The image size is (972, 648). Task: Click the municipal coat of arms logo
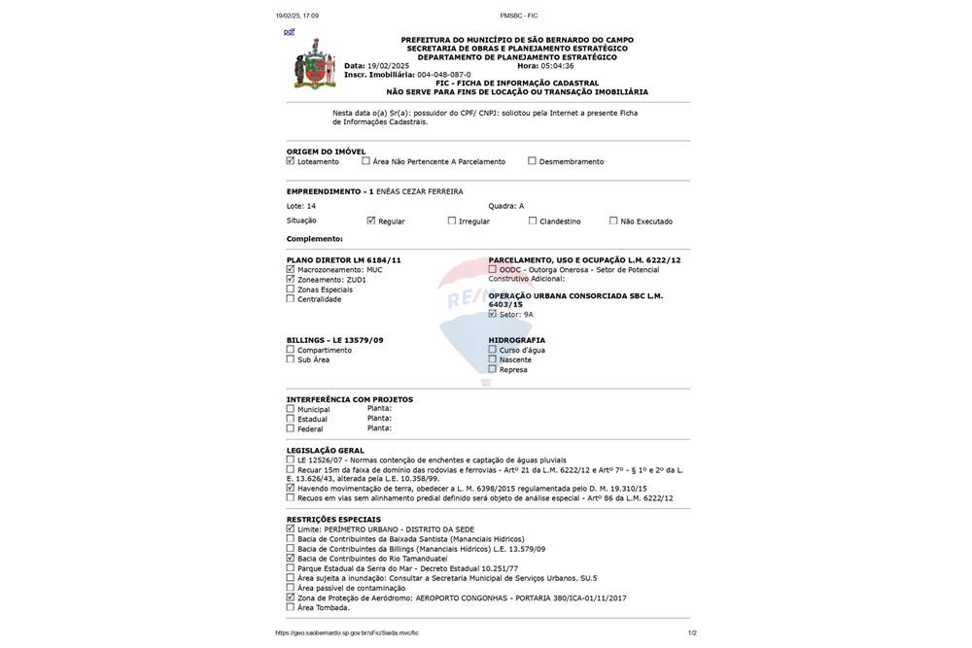click(x=314, y=65)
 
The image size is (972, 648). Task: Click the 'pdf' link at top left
click(x=289, y=32)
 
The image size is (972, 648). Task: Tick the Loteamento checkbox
click(x=291, y=161)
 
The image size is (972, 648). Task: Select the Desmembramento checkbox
click(x=532, y=161)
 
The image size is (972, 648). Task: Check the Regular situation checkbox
click(x=371, y=221)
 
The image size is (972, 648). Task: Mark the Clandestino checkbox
click(x=533, y=221)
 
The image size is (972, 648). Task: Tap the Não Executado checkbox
click(x=613, y=221)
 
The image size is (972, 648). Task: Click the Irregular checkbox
click(x=452, y=221)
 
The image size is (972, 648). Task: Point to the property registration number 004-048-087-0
click(x=443, y=75)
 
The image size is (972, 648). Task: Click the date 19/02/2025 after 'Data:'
click(x=388, y=66)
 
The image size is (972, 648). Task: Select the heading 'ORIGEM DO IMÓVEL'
click(x=326, y=152)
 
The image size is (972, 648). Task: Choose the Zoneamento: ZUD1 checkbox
click(x=291, y=279)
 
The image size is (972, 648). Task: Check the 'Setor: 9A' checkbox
click(x=493, y=314)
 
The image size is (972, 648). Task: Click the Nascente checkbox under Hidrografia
click(x=493, y=359)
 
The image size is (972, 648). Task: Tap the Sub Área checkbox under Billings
click(x=291, y=359)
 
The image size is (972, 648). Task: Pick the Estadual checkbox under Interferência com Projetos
click(x=291, y=419)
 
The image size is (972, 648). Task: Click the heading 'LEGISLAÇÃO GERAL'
click(x=325, y=451)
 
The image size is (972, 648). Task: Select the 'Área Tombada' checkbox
click(x=291, y=607)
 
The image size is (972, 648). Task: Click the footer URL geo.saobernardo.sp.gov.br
click(x=346, y=632)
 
